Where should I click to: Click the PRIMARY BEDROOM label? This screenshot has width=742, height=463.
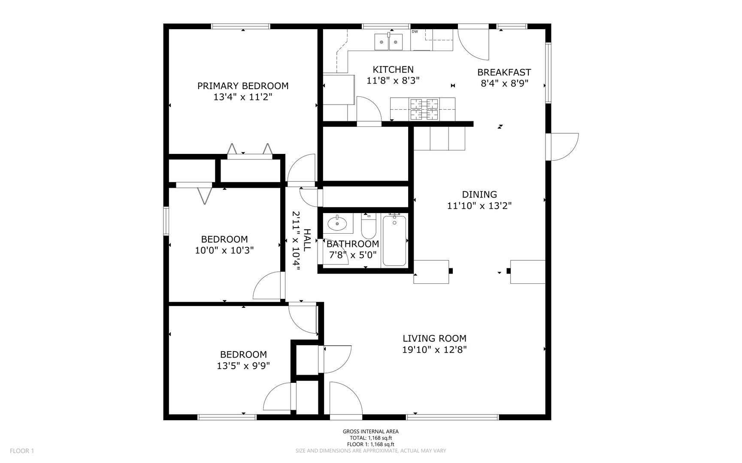point(243,86)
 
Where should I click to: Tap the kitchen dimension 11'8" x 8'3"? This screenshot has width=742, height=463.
point(393,80)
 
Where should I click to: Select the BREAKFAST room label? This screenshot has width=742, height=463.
point(504,72)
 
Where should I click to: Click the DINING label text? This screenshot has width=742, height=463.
point(479,194)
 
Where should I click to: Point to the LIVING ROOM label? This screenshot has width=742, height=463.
point(434,338)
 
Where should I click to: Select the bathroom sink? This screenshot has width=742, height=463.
point(337,223)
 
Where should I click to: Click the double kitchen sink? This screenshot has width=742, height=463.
point(389,42)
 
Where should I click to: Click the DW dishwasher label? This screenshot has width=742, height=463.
point(415,31)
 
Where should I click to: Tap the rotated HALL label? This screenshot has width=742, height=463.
point(307,240)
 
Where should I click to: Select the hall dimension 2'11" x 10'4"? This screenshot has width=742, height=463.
point(296,241)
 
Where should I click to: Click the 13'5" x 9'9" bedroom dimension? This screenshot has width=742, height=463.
point(243,366)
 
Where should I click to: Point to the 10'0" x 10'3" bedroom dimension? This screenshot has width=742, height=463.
point(224,250)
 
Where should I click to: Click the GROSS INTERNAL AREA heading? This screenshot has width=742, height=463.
point(371,432)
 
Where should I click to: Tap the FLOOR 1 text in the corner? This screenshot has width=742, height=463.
point(21,451)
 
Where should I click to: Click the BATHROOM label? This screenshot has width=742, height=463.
point(353,244)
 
